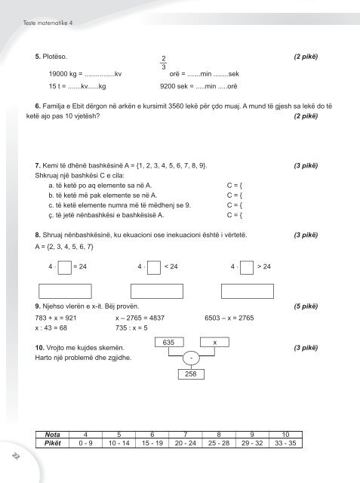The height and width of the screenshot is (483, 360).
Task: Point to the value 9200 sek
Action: pos(170,88)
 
